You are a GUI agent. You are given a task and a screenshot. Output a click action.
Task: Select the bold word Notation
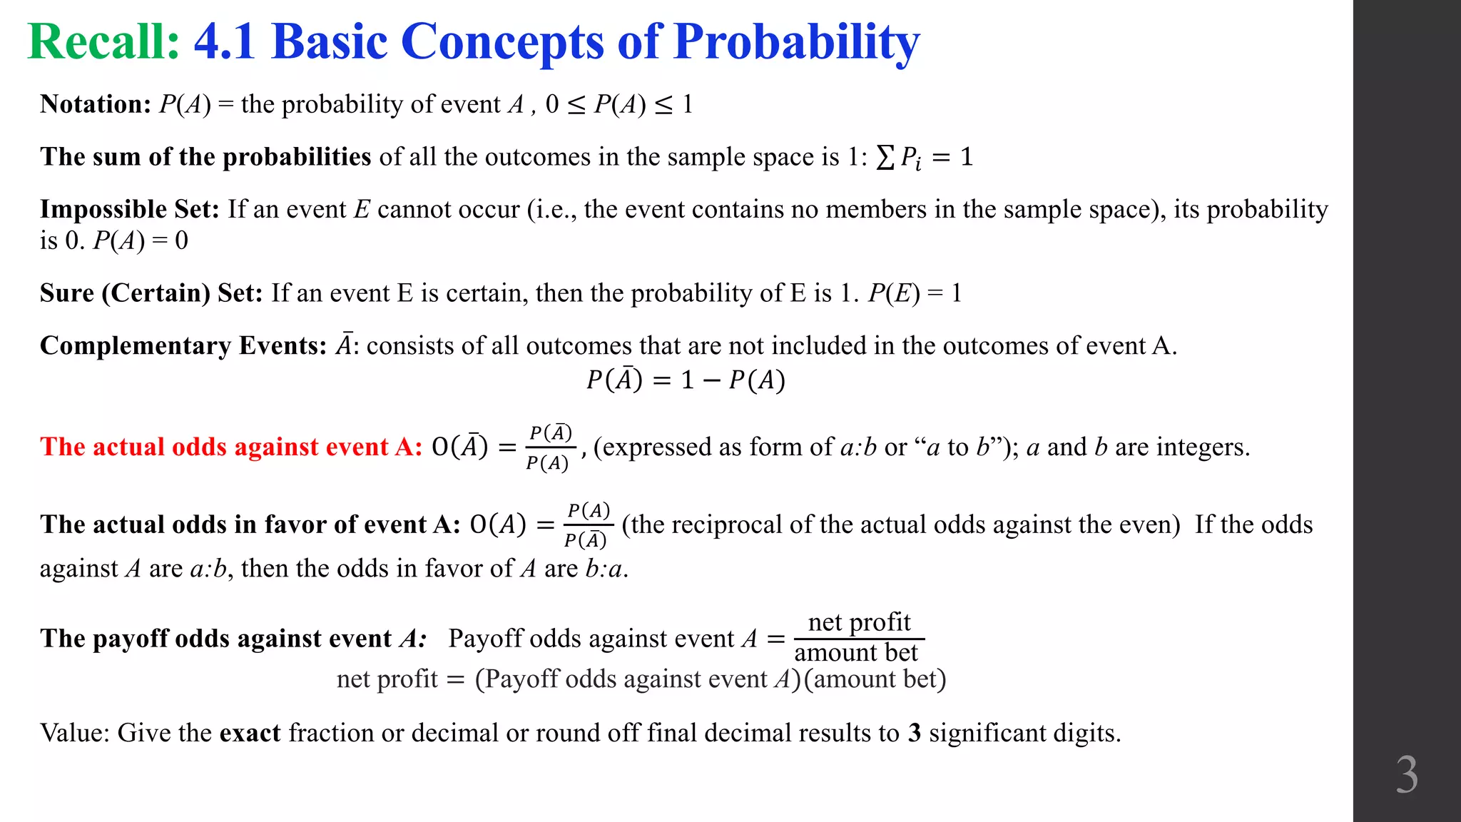95,104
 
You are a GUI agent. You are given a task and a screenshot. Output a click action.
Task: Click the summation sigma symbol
885,157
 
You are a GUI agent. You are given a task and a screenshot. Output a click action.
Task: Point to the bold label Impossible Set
129,209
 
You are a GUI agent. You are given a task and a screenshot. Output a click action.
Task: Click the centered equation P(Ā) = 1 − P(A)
686,380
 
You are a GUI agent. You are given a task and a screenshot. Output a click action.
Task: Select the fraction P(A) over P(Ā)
588,525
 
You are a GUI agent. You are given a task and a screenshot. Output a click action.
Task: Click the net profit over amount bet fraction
858,637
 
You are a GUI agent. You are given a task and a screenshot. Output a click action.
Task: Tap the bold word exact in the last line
250,733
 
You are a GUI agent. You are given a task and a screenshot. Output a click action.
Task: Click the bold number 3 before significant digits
915,733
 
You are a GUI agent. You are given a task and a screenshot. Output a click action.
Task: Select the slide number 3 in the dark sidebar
1406,775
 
